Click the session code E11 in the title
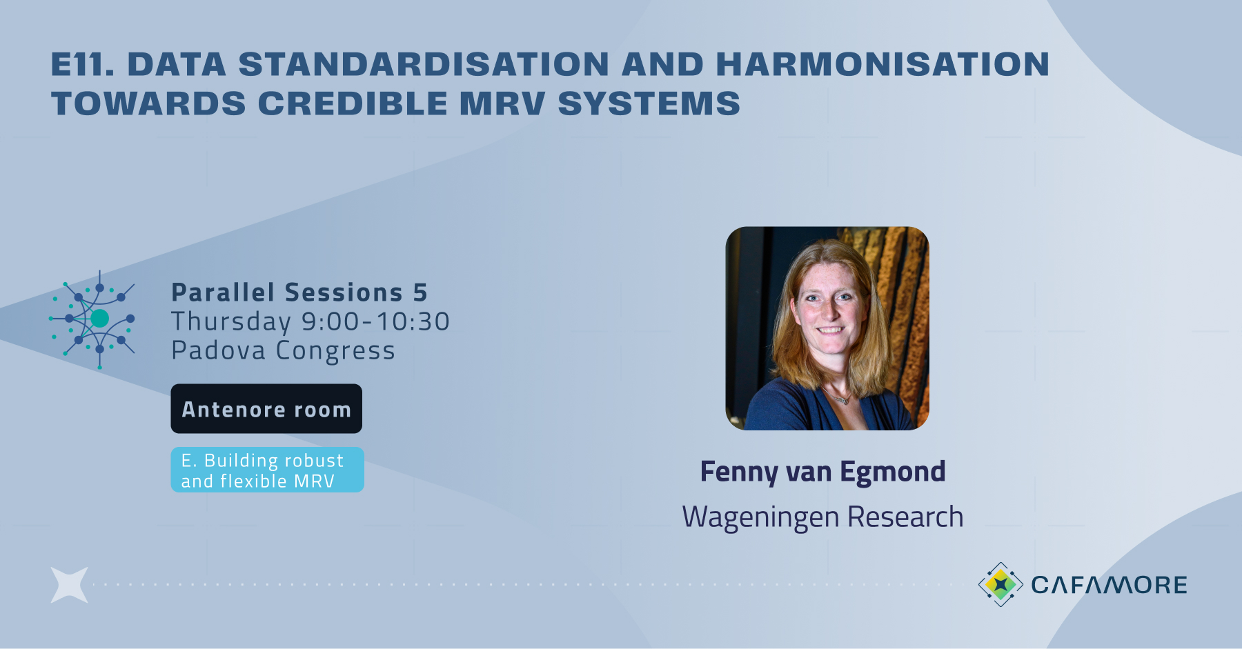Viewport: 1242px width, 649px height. tap(82, 65)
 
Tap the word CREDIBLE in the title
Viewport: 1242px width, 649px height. tap(353, 104)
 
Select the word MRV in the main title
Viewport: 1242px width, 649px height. tap(502, 104)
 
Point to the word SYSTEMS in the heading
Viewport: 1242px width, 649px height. tap(649, 104)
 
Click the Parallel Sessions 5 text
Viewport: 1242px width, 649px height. tap(299, 292)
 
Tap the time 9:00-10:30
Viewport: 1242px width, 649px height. tap(376, 321)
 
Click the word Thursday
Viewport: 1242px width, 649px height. tap(231, 321)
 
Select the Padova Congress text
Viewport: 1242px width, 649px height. tap(283, 350)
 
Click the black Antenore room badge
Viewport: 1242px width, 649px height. tap(266, 409)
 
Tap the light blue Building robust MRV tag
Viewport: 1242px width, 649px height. tap(267, 470)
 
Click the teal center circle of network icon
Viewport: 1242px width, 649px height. tap(99, 318)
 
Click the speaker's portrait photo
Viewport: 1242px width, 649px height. tap(827, 328)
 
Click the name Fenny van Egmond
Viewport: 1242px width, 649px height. tap(822, 472)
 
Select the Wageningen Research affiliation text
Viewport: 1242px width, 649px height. tap(822, 517)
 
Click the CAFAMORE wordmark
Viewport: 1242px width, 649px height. tap(1109, 585)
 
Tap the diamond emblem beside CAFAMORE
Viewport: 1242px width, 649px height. tap(1000, 584)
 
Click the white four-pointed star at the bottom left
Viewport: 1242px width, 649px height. tap(70, 585)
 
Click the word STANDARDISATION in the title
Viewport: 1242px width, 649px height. tap(424, 65)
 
